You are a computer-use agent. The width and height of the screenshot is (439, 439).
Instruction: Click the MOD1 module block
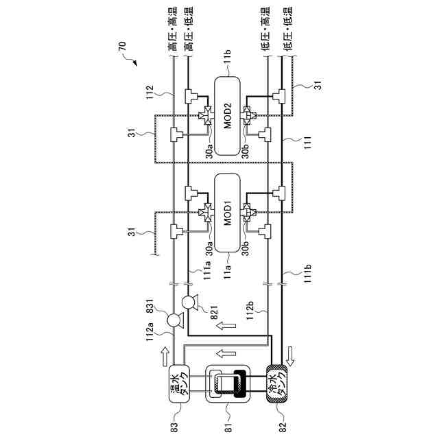point(229,213)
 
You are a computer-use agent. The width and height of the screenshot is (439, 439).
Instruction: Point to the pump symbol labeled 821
point(189,302)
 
